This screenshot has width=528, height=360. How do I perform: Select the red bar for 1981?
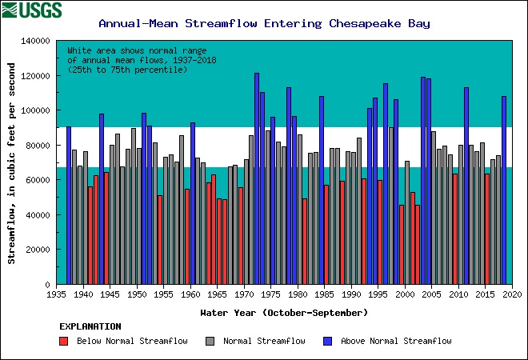[305, 241]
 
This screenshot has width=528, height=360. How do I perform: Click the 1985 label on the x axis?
[325, 294]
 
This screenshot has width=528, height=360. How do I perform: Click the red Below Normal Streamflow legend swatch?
[64, 342]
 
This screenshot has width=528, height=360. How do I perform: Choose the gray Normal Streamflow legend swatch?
[210, 342]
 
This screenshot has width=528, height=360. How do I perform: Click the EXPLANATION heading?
[90, 326]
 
